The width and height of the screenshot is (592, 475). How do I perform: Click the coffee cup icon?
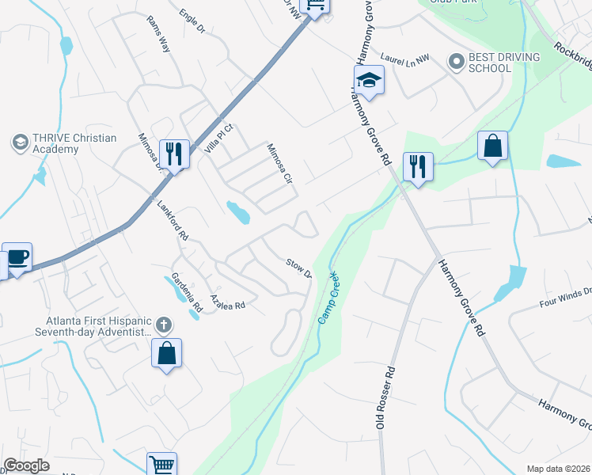point(17,257)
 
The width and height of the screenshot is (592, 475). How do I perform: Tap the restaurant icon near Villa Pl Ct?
point(174,153)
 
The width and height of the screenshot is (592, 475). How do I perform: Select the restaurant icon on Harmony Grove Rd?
point(418,166)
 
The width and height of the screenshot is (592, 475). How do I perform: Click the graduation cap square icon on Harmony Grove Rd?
point(369,80)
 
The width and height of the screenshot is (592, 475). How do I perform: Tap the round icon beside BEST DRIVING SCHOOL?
point(455,62)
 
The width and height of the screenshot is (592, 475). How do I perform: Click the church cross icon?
point(163,325)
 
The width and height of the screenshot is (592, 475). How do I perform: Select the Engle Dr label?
point(192,21)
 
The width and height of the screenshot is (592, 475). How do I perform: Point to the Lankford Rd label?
point(172,222)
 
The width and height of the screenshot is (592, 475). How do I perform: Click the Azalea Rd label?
point(227,301)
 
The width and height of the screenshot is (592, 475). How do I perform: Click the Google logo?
point(26,465)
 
